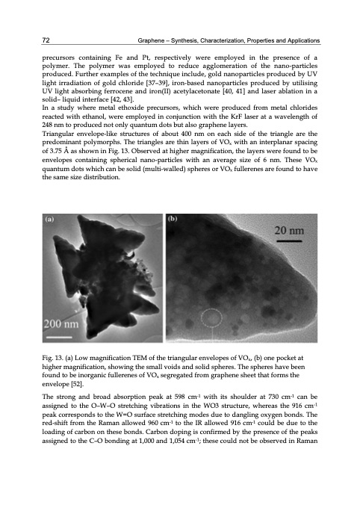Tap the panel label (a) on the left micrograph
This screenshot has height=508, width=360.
coord(51,220)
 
